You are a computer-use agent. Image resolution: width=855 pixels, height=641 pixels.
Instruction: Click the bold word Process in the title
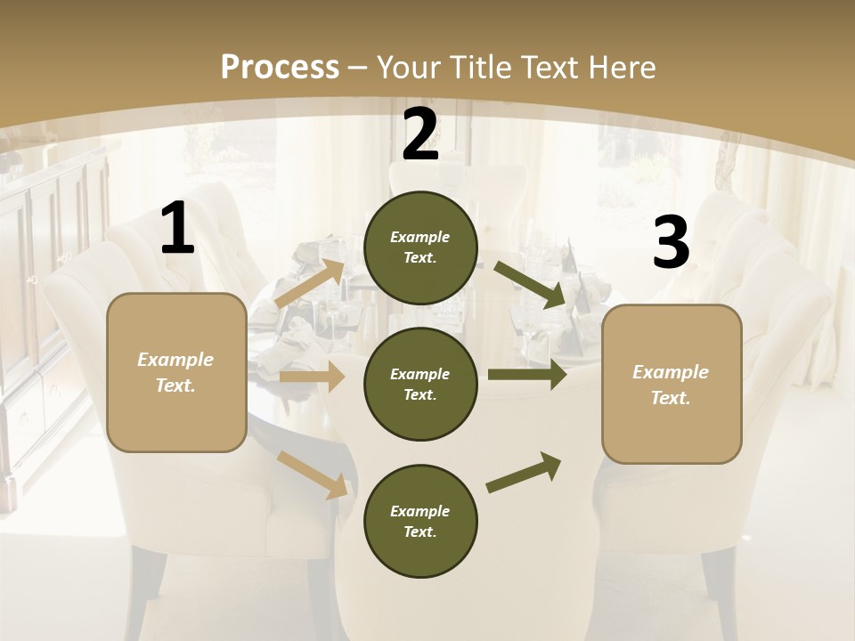coord(280,67)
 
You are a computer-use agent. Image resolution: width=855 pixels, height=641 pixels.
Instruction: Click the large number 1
coord(177,229)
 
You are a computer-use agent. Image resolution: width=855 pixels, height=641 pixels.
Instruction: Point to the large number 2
coord(420,135)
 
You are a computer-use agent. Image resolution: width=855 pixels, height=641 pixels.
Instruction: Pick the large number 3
coord(671,243)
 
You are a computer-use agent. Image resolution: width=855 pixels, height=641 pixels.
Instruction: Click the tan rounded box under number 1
coord(176,372)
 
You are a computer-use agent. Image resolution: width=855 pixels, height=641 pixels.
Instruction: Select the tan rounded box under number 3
coord(672,385)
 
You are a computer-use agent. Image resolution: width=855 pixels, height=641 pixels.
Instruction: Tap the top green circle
coord(420,247)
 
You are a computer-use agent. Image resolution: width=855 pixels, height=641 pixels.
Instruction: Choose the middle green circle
coord(420,384)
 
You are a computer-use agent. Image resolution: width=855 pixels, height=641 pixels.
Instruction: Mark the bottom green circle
coord(420,521)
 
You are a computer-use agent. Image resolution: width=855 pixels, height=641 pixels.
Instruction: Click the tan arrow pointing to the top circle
coord(310,284)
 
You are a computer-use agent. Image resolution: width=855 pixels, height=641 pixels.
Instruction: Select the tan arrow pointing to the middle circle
coord(312,377)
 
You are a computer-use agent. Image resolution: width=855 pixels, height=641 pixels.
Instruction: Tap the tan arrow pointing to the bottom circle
coord(313,474)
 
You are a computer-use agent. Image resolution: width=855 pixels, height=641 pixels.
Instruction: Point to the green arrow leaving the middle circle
coord(527,374)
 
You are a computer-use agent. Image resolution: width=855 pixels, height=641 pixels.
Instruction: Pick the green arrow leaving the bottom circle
coord(525,473)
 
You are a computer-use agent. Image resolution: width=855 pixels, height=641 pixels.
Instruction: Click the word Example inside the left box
coord(175,360)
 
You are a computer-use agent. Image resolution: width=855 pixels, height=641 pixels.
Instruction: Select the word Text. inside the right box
coord(671,398)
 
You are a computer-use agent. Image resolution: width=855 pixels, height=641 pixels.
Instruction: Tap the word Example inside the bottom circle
coord(419,511)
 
